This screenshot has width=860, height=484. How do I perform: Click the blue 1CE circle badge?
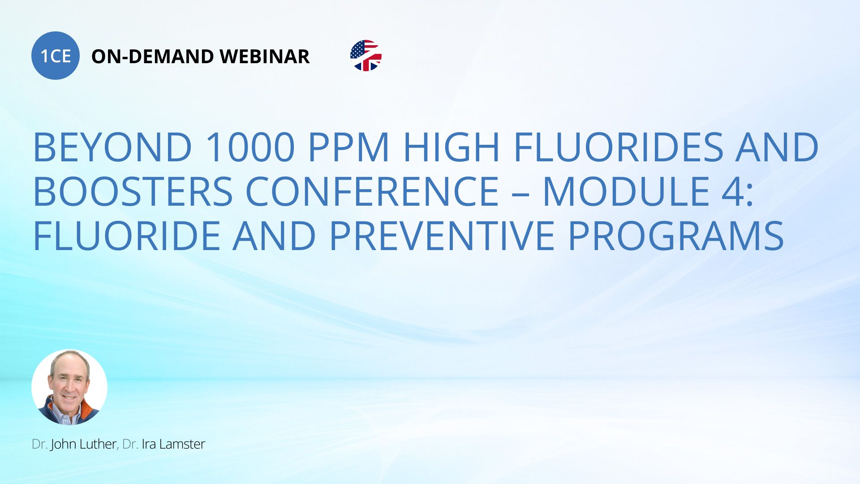point(56,56)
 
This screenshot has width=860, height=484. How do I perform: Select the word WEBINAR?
point(265,56)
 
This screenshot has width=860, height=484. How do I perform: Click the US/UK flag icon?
point(366,56)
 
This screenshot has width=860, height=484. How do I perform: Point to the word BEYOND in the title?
point(113,147)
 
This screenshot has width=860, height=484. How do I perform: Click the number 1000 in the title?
point(250,147)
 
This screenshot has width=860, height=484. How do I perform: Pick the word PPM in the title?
point(349,147)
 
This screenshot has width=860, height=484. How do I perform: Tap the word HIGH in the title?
point(451,147)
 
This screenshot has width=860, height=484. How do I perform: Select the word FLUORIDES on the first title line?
point(618,147)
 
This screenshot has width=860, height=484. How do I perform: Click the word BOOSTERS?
point(133,191)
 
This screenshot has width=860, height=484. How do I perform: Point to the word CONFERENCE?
point(372,191)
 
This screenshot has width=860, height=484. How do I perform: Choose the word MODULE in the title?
point(626,191)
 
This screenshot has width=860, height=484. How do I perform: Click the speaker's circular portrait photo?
point(69,387)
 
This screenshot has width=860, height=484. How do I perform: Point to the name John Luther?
point(83,444)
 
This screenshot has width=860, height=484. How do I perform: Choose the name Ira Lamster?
point(173,444)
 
